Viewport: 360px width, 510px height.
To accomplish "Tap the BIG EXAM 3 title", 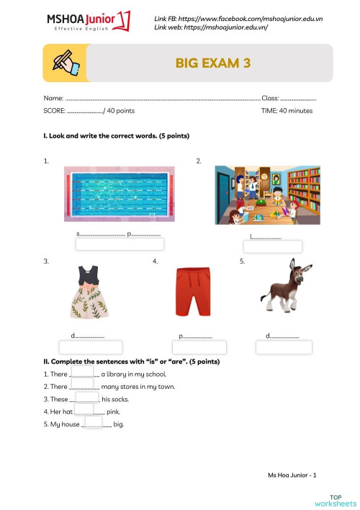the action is [x=212, y=63].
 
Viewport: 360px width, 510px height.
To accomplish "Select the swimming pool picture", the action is [x=119, y=194].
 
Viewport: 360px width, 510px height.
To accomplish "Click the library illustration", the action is [x=267, y=194].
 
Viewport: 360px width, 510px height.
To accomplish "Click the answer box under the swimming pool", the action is [x=120, y=244].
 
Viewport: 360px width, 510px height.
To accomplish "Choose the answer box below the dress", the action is [x=90, y=347].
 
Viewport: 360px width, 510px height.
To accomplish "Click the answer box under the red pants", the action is [x=199, y=347].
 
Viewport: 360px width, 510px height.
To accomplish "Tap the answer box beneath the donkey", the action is [x=283, y=346].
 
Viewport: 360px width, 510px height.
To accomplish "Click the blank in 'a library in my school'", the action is [x=83, y=372].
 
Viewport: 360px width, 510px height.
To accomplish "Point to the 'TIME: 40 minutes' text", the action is [x=287, y=111].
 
